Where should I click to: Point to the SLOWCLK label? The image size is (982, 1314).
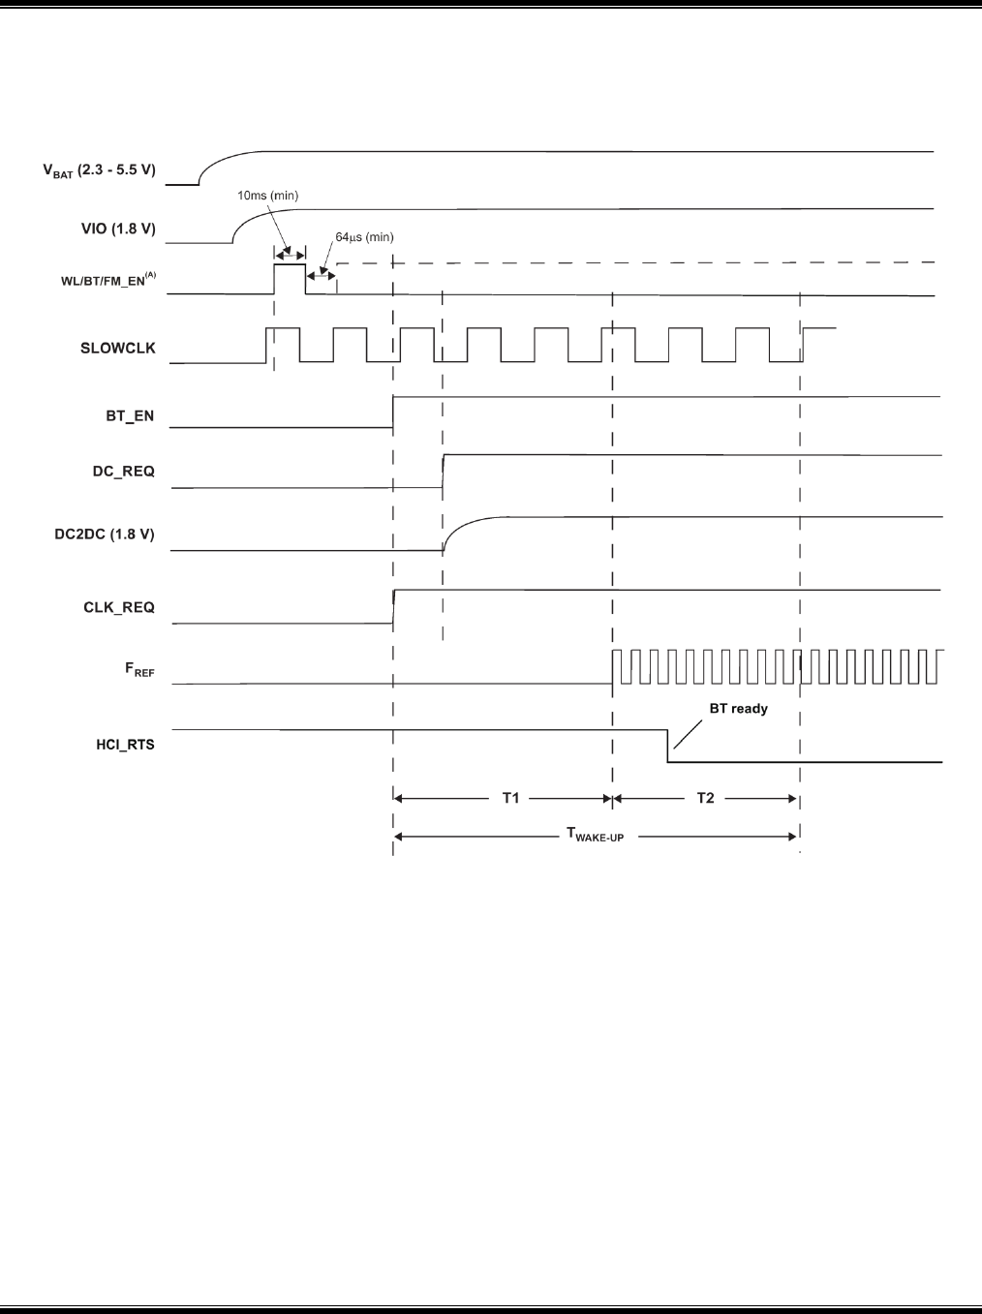point(117,348)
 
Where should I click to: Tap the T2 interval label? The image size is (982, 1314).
point(705,798)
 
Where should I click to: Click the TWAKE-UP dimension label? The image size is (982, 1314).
point(595,836)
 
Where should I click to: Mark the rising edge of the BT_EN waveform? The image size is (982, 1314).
point(393,412)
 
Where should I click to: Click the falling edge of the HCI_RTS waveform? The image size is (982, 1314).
point(667,746)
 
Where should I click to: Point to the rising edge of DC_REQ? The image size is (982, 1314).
point(443,471)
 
